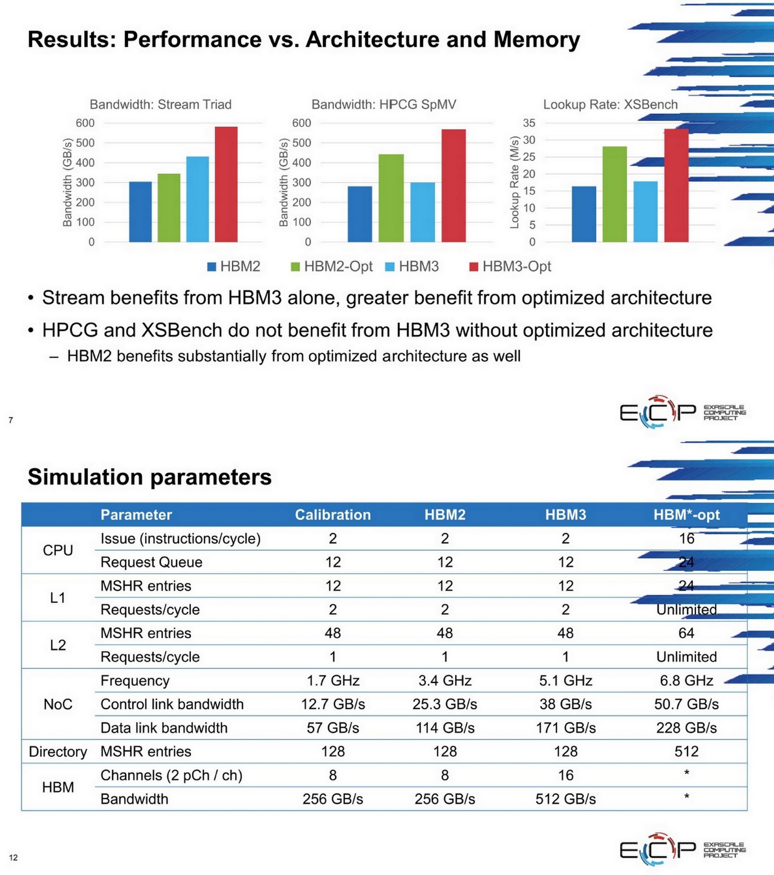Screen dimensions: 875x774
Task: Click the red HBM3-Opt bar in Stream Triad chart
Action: (226, 184)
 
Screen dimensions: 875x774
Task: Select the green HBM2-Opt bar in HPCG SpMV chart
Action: (391, 198)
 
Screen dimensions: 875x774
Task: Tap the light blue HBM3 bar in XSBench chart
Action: (645, 212)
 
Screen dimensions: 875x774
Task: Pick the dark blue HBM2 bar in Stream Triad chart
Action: (140, 212)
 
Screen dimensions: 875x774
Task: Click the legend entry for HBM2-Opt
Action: (332, 266)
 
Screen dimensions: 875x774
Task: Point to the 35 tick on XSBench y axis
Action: (529, 123)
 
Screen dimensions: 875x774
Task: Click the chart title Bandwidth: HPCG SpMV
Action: (383, 104)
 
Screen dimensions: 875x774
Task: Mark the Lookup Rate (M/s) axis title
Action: (514, 182)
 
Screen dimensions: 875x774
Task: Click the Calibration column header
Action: (332, 515)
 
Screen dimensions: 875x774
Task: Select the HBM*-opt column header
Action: (686, 515)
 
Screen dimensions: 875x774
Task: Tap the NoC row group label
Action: (58, 704)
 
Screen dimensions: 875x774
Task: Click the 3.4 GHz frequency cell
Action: (444, 680)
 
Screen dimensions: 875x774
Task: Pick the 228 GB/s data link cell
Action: (686, 728)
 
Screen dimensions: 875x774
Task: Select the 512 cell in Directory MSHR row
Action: (686, 751)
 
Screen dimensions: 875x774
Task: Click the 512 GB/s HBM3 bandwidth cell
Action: (565, 799)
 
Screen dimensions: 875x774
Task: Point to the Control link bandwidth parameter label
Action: (172, 704)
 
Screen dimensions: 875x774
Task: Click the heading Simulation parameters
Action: (149, 477)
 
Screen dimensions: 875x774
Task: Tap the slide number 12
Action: (13, 857)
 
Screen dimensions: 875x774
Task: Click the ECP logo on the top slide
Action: (658, 411)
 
